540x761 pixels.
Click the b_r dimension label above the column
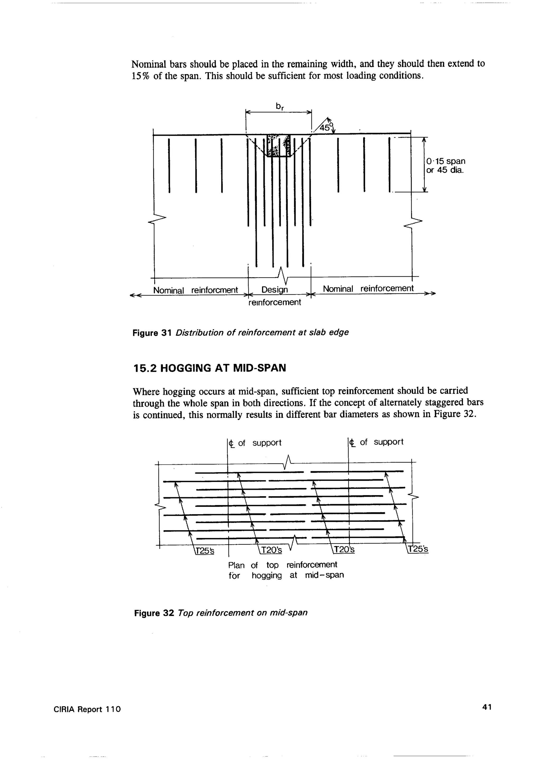(279, 106)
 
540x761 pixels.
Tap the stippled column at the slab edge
(279, 145)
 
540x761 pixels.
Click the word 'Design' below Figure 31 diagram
(275, 290)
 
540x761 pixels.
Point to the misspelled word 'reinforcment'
(214, 290)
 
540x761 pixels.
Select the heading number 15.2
(144, 368)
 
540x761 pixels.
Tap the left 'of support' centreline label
(259, 443)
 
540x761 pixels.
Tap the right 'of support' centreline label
(381, 442)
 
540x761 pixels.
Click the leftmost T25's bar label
(205, 550)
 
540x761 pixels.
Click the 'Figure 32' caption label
(154, 613)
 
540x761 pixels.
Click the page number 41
(486, 716)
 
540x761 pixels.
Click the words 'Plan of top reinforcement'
(283, 565)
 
